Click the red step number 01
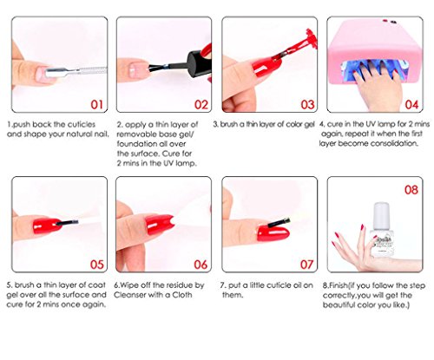pyautogui.click(x=96, y=104)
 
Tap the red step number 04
pyautogui.click(x=411, y=104)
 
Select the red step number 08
pyautogui.click(x=411, y=190)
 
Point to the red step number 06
pyautogui.click(x=201, y=265)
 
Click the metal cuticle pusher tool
pyautogui.click(x=76, y=71)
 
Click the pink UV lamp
pyautogui.click(x=375, y=50)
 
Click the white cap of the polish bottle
pyautogui.click(x=381, y=214)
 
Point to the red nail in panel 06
pyautogui.click(x=159, y=225)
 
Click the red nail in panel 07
pyautogui.click(x=273, y=233)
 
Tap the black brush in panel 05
pyautogui.click(x=67, y=223)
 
